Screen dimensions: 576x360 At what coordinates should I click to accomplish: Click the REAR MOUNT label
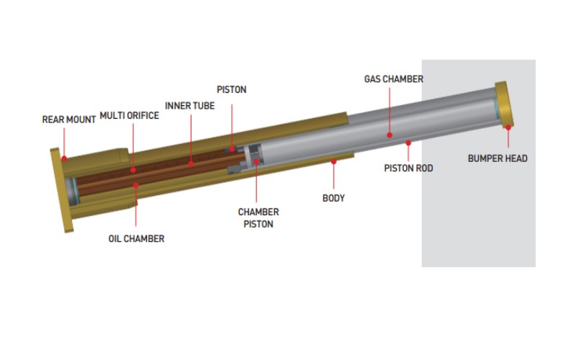pyautogui.click(x=68, y=120)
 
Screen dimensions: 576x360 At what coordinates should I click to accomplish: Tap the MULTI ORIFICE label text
pyautogui.click(x=130, y=116)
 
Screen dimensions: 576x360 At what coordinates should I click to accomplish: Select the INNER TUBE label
pyautogui.click(x=189, y=106)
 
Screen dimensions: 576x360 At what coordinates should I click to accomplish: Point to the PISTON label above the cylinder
pyautogui.click(x=231, y=89)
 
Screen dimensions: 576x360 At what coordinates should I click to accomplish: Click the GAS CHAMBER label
pyautogui.click(x=393, y=79)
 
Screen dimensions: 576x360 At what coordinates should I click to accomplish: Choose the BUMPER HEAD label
pyautogui.click(x=498, y=158)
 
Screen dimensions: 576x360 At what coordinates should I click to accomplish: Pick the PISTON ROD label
pyautogui.click(x=408, y=168)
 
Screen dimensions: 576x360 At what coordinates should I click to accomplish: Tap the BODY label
pyautogui.click(x=333, y=199)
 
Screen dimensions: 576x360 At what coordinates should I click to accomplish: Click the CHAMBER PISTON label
pyautogui.click(x=258, y=218)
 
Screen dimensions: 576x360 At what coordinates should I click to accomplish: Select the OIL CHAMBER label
pyautogui.click(x=136, y=239)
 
